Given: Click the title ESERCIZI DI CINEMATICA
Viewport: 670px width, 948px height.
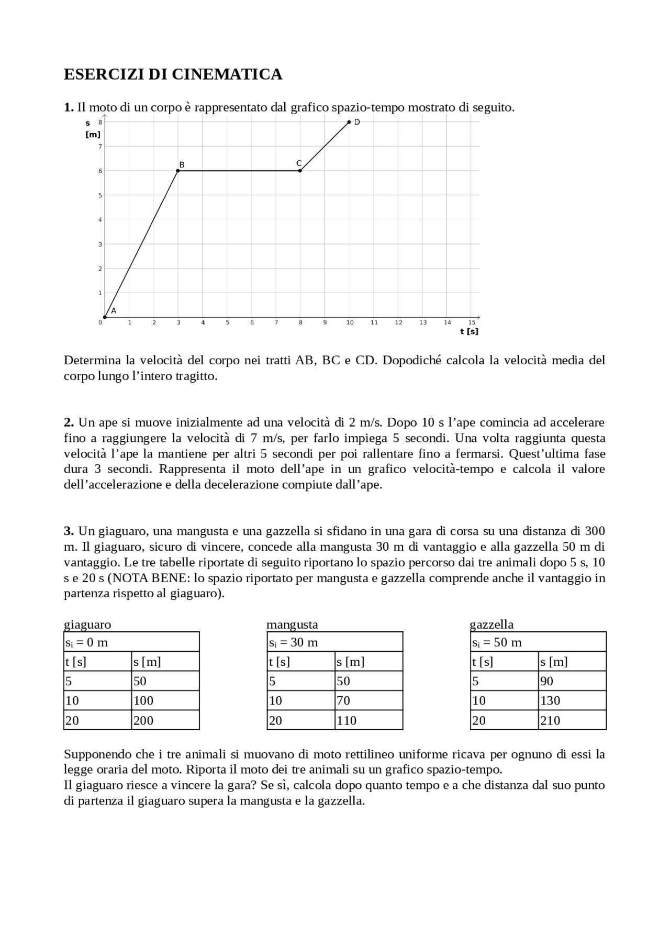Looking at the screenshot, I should pos(173,74).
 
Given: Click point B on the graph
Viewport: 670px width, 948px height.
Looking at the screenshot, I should pos(178,171).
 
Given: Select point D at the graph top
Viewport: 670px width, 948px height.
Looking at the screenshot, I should pos(349,122).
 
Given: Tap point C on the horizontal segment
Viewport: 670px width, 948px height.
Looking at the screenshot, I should pos(300,171).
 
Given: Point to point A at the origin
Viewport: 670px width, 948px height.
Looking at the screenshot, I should pos(105,317).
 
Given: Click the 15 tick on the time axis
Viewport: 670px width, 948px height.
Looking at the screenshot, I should pos(472,322).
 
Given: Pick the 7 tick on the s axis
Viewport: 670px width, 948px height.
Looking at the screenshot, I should pos(100,147).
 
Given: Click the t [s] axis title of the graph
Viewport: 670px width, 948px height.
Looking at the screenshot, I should pos(469,331).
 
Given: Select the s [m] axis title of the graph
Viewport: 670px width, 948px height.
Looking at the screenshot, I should pos(93,129).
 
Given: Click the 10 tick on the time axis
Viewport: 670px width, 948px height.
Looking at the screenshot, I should pos(350,322).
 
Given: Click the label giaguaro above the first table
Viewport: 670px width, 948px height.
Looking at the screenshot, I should pos(87,624).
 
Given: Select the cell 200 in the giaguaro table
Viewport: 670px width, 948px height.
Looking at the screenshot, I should pos(143,720).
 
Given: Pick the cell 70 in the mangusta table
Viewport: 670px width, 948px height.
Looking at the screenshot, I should pos(343,701).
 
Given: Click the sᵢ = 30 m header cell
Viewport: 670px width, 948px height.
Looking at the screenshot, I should pos(294,642).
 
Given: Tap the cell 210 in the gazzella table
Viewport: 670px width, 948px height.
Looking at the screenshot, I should pos(550,720).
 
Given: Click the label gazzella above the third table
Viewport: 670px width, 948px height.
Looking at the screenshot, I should pos(492,624).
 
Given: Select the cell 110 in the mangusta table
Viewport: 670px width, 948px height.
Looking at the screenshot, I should pos(347,720).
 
